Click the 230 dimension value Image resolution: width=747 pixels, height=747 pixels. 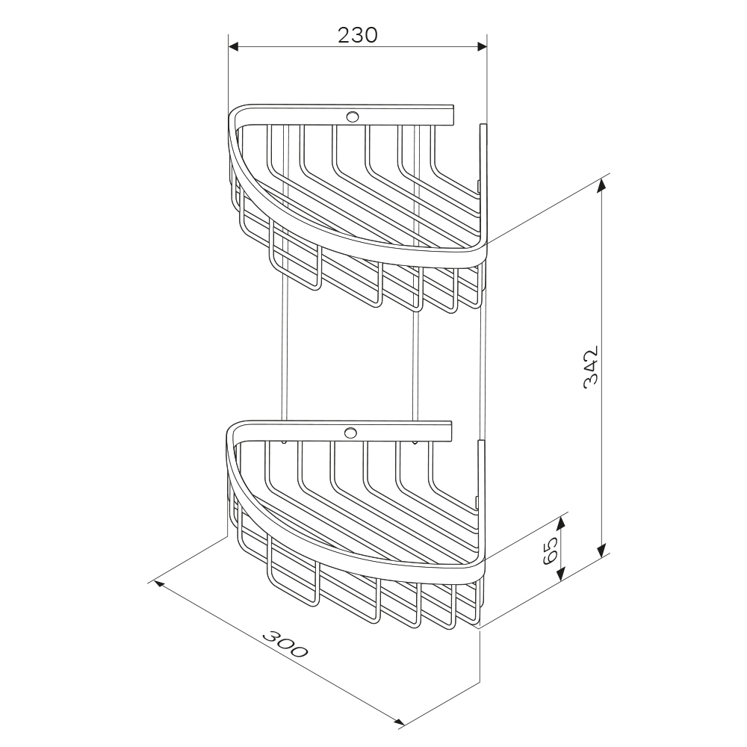point(357,35)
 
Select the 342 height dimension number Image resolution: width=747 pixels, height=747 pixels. point(591,368)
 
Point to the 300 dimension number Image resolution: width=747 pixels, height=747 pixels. point(285,644)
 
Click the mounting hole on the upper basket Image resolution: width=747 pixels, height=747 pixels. point(353,117)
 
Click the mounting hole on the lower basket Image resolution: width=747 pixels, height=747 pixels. point(350,432)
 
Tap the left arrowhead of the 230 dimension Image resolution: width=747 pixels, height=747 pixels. point(234,46)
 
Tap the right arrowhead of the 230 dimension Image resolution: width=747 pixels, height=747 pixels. point(482,46)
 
